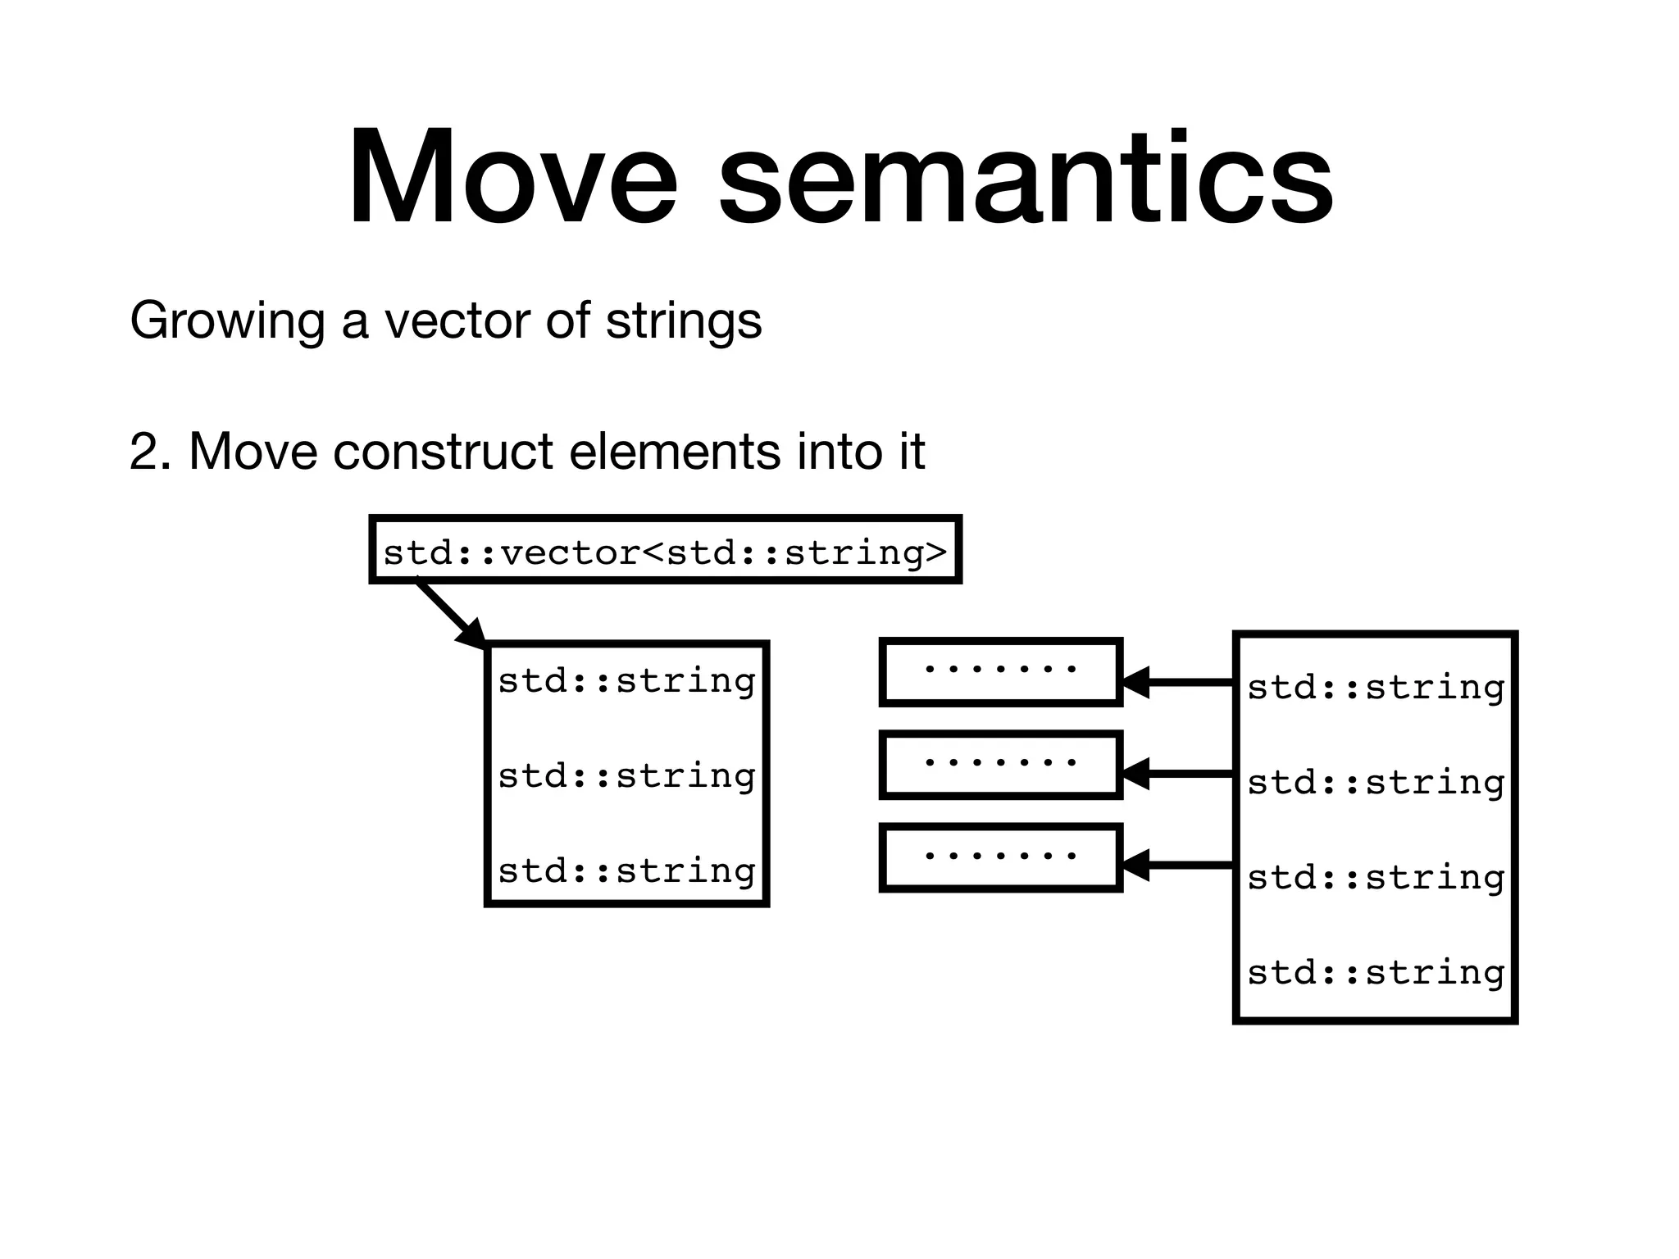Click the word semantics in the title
(1025, 179)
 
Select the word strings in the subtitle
(684, 321)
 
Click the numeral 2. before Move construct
(151, 452)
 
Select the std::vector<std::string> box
(665, 550)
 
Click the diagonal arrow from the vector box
(450, 613)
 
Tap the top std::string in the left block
(626, 681)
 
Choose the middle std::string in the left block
(626, 775)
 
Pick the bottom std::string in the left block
(626, 870)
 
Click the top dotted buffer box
(1000, 671)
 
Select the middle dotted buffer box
(1000, 765)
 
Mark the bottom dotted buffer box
(1000, 858)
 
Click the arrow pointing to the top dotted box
(1177, 682)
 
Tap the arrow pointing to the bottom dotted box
(1177, 866)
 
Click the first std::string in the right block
(1376, 687)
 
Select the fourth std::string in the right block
(1376, 973)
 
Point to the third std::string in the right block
(1376, 878)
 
